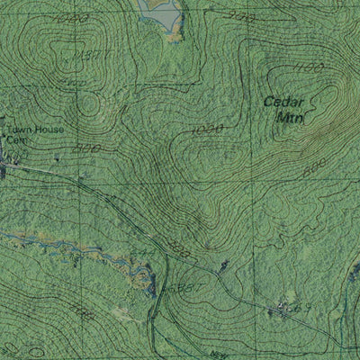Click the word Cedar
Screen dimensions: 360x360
[x=285, y=103]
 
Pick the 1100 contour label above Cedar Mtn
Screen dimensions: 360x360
[x=309, y=68]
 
